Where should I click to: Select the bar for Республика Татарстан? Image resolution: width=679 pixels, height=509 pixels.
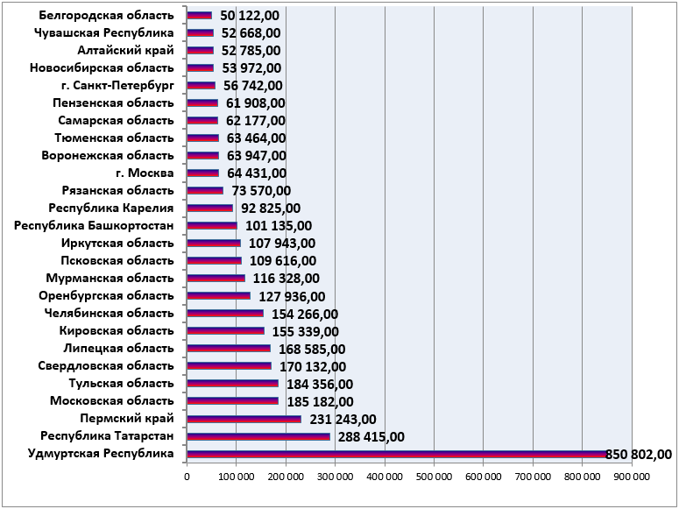coord(258,436)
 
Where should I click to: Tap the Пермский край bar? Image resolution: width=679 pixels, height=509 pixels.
coord(244,419)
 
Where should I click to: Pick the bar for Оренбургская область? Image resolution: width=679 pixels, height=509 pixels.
coord(219,296)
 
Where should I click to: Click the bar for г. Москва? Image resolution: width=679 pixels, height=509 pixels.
coord(203,173)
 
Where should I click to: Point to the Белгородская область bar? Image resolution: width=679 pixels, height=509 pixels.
coord(200,16)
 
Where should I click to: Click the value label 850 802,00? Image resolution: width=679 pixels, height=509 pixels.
coord(639,455)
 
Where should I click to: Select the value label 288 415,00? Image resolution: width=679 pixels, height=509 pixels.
coord(371,436)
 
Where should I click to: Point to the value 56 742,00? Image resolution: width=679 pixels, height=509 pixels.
coord(253,86)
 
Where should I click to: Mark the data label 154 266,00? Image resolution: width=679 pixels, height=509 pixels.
coord(305,314)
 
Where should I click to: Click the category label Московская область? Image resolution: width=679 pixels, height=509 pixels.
coord(112,400)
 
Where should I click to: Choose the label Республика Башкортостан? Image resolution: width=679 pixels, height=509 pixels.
coord(94,226)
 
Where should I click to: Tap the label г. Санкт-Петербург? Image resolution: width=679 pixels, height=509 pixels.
coord(117,85)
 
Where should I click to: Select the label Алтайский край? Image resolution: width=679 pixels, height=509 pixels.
coord(125,50)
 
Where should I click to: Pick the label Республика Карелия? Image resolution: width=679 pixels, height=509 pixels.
coord(111,208)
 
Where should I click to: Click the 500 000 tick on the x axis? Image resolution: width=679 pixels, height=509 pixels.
coord(434,477)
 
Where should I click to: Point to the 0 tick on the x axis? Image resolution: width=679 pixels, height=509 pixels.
coord(187,477)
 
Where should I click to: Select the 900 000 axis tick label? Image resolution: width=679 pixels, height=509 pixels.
coord(632,477)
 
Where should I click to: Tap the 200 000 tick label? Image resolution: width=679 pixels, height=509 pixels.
coord(286,477)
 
